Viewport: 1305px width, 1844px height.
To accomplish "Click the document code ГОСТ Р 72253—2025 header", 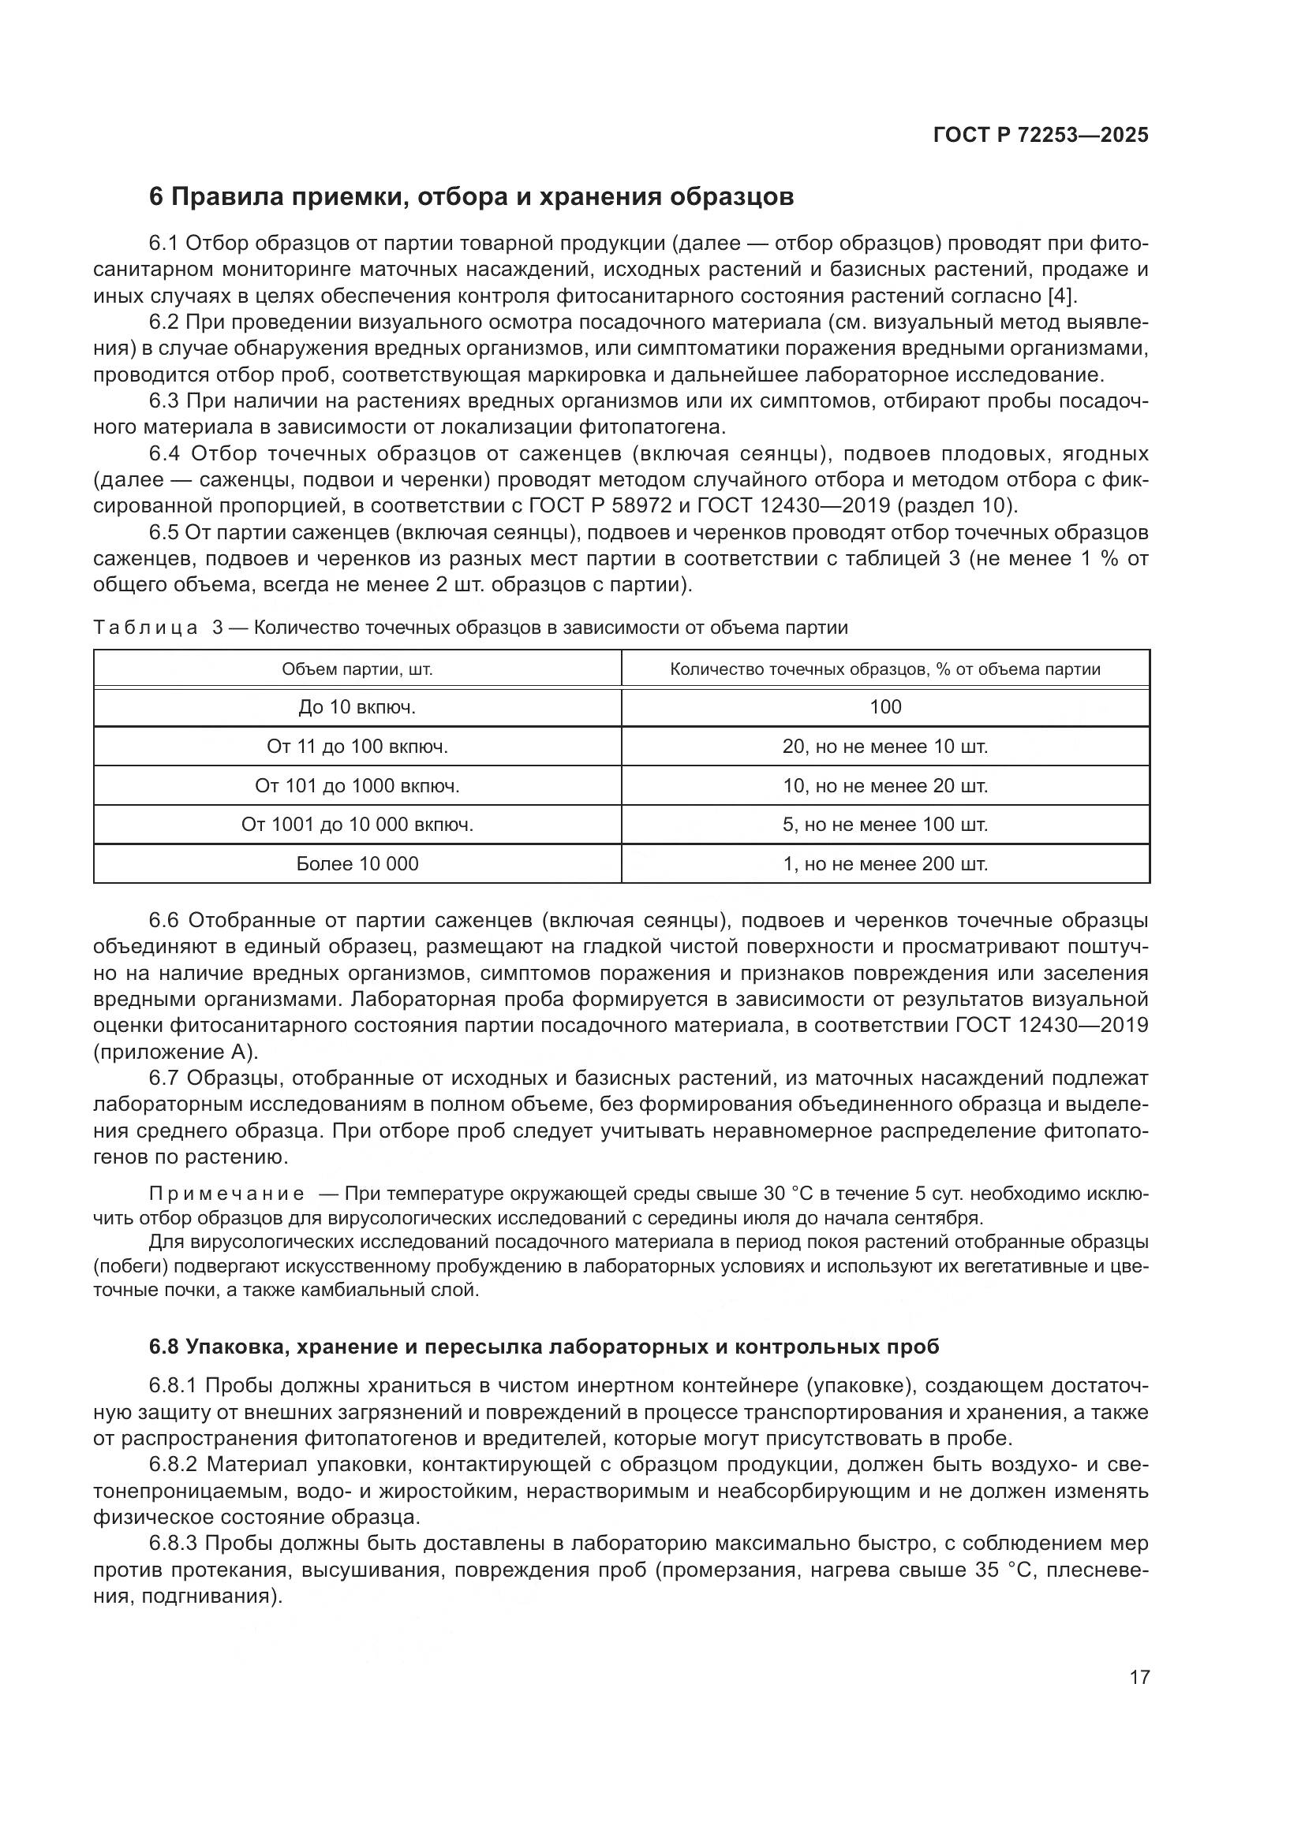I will tap(1041, 135).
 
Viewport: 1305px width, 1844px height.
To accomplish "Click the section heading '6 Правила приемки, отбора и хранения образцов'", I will tap(472, 197).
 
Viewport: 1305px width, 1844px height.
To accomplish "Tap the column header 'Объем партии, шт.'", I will tap(357, 669).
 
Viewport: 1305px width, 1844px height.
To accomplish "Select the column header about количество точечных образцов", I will tap(884, 669).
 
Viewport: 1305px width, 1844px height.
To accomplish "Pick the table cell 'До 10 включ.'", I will tap(357, 706).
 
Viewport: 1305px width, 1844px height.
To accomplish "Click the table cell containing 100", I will tap(884, 706).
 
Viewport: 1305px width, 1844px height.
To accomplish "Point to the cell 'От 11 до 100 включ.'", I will tap(357, 746).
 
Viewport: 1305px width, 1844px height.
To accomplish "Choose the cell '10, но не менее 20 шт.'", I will tap(884, 785).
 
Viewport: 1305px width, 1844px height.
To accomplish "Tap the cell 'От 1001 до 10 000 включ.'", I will tap(357, 824).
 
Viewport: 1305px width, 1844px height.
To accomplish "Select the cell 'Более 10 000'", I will tap(357, 863).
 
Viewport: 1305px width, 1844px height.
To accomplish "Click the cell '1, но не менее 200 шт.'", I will tap(884, 863).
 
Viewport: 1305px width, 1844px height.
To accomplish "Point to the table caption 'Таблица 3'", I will tap(158, 628).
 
